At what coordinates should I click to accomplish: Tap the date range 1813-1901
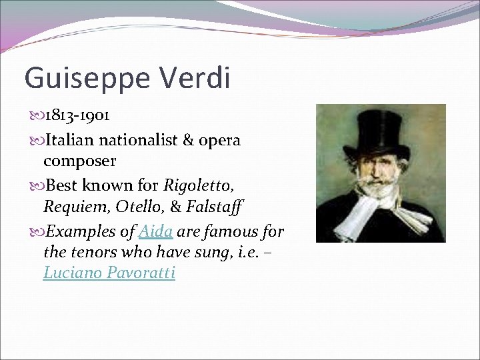(77, 115)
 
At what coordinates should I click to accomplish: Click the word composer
(79, 161)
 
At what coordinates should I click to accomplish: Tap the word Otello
(137, 207)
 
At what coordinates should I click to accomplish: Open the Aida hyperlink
(156, 232)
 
